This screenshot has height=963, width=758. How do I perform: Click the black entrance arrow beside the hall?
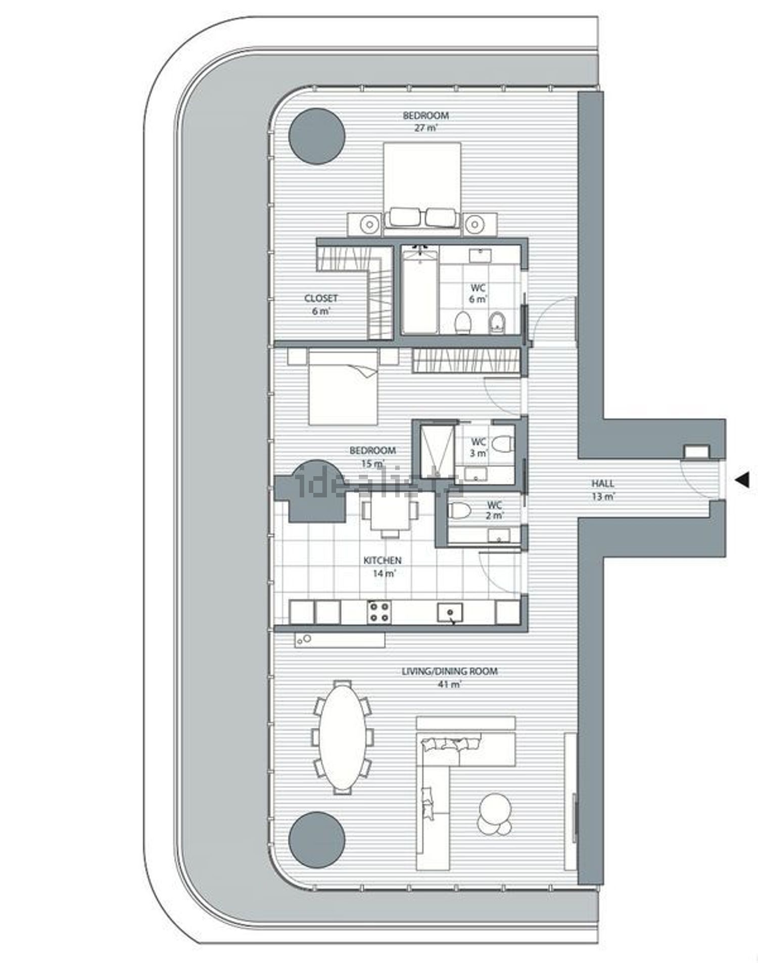742,480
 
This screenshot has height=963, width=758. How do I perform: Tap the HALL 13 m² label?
603,490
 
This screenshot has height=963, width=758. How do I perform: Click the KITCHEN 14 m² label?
383,567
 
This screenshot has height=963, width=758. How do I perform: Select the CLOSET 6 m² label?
321,304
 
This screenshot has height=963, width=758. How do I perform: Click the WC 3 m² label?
479,447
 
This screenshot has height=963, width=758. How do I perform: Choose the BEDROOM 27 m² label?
425,121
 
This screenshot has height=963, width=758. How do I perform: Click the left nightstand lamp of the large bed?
370,223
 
